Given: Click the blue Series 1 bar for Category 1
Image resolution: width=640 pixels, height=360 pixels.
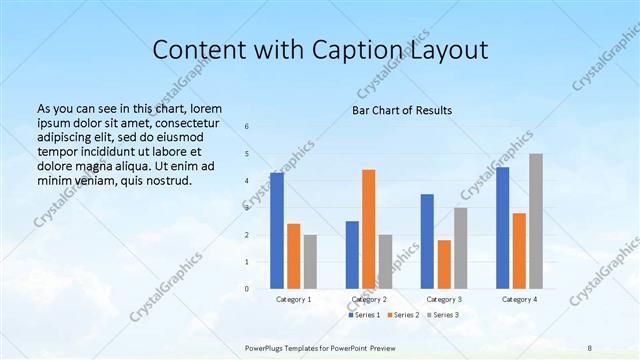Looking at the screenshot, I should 277,230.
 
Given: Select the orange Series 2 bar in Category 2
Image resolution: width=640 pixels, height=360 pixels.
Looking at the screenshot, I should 369,229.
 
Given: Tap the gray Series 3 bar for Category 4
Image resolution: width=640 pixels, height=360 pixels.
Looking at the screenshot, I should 536,221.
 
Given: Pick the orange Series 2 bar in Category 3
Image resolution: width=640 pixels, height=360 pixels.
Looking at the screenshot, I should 444,264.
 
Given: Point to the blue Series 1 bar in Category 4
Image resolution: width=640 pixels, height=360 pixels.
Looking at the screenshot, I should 503,228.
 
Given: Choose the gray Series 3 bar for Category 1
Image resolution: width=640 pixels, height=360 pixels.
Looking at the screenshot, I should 310,262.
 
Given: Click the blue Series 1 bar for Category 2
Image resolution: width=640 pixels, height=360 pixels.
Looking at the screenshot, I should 352,255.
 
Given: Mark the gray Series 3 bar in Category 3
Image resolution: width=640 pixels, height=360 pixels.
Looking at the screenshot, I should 461,248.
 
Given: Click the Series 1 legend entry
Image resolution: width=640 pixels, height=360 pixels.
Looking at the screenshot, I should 364,315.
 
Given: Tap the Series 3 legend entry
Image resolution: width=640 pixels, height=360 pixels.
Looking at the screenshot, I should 444,315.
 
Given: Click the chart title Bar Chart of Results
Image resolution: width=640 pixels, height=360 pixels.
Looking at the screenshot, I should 402,110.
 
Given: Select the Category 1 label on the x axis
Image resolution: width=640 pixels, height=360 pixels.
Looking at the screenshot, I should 294,299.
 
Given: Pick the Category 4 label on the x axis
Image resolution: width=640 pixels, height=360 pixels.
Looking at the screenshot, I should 519,299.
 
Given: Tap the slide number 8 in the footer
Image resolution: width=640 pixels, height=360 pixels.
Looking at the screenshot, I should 589,346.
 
